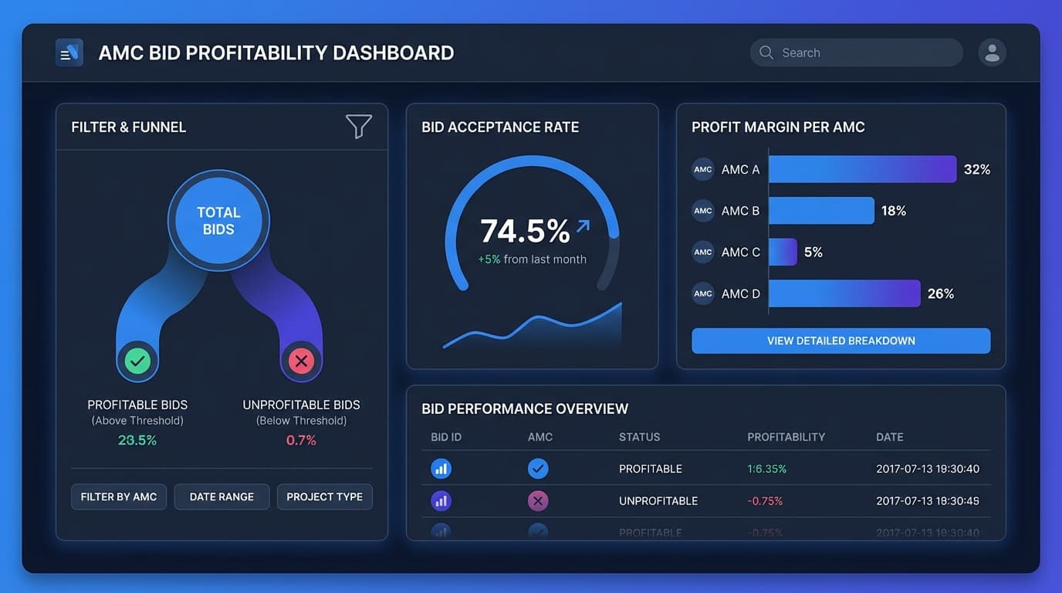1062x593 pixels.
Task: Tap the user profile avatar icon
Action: pyautogui.click(x=992, y=53)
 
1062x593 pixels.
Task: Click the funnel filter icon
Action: pyautogui.click(x=358, y=126)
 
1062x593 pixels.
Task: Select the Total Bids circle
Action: pyautogui.click(x=218, y=221)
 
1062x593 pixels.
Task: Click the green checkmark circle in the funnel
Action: pyautogui.click(x=137, y=361)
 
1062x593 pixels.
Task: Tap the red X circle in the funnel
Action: pyautogui.click(x=301, y=361)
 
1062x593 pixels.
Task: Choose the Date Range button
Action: pyautogui.click(x=222, y=496)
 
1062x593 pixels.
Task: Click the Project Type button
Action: pyautogui.click(x=324, y=496)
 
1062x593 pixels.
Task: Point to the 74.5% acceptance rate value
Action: pyautogui.click(x=525, y=231)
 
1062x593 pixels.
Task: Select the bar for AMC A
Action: pyautogui.click(x=862, y=169)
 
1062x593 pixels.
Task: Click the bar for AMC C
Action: pyautogui.click(x=783, y=252)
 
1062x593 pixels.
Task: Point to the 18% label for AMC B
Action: pyautogui.click(x=894, y=211)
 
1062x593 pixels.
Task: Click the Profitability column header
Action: pyautogui.click(x=786, y=437)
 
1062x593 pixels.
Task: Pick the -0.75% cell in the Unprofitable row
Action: pyautogui.click(x=765, y=501)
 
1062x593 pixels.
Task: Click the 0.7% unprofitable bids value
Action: pyautogui.click(x=301, y=440)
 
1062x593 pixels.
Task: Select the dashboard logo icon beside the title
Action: pyautogui.click(x=69, y=53)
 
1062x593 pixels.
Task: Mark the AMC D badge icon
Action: pyautogui.click(x=703, y=293)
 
